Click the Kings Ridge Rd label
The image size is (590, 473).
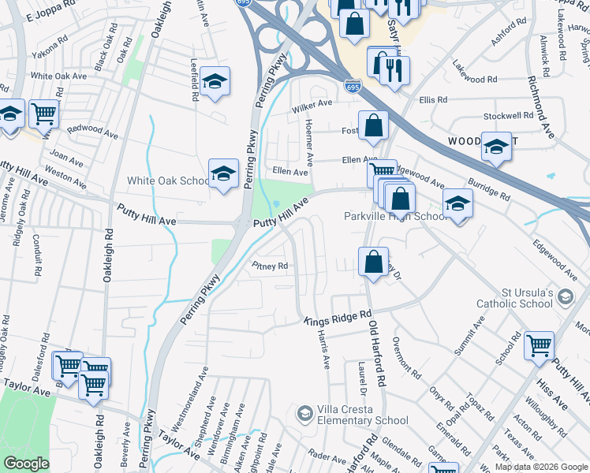click(338, 317)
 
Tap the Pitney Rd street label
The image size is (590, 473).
click(270, 266)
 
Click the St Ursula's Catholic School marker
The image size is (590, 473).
click(564, 296)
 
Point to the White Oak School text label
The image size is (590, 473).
click(169, 181)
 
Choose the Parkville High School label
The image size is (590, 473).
click(397, 216)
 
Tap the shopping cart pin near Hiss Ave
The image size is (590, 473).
click(540, 345)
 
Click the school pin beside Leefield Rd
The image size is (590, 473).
click(215, 82)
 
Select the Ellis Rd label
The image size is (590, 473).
click(433, 100)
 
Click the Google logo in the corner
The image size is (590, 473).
click(26, 464)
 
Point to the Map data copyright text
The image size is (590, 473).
click(541, 467)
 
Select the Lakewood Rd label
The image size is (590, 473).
click(476, 80)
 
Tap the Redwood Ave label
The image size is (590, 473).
click(91, 131)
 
